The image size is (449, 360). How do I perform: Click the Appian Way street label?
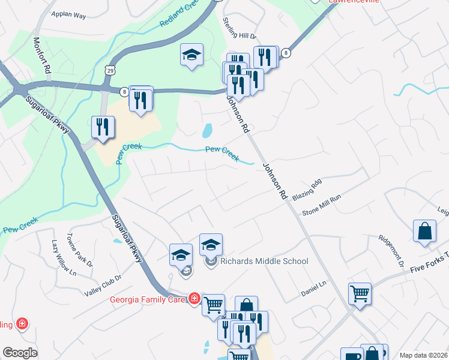(x=69, y=14)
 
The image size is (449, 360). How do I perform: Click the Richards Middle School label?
(x=264, y=261)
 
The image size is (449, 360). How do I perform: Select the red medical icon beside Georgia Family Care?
(x=194, y=298)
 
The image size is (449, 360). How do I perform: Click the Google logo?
(x=20, y=353)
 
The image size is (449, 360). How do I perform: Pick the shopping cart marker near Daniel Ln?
(x=360, y=294)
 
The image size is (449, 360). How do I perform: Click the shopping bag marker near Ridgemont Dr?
(x=424, y=232)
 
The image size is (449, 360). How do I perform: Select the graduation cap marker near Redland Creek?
(x=191, y=55)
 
